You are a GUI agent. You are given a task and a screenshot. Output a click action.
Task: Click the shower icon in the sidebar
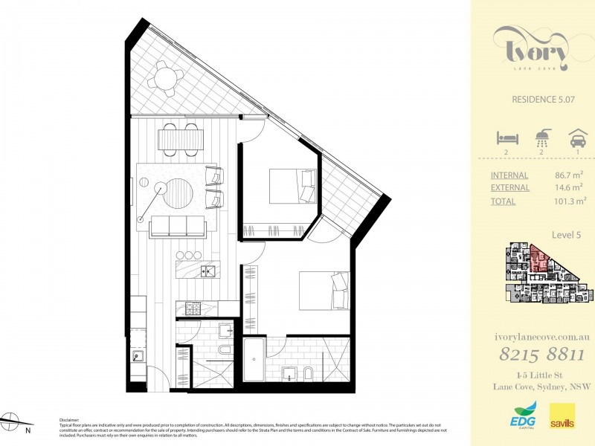[x=543, y=138]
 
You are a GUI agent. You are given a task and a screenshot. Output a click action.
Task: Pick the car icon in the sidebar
[x=576, y=138]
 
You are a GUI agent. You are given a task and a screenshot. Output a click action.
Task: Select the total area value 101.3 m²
[x=570, y=200]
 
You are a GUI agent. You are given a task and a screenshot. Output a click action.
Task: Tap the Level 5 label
[x=566, y=235]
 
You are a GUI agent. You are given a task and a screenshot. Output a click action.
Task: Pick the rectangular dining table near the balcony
[x=179, y=138]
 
